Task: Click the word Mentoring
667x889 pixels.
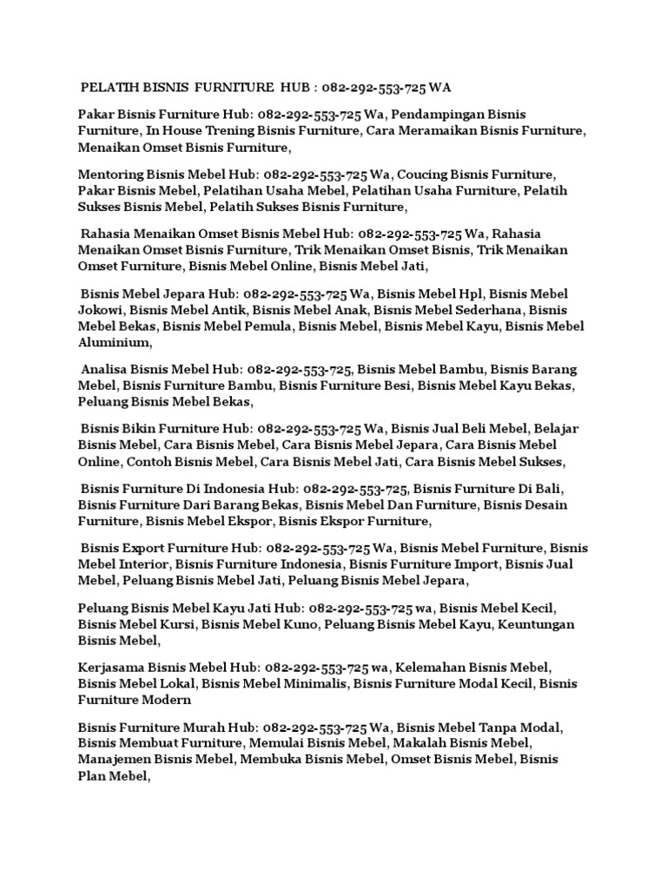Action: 110,174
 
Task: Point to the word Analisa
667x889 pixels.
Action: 106,369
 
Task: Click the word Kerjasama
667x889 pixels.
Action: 110,667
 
